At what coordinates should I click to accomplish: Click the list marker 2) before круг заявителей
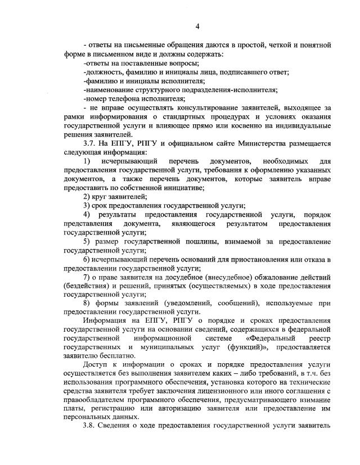point(87,196)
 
